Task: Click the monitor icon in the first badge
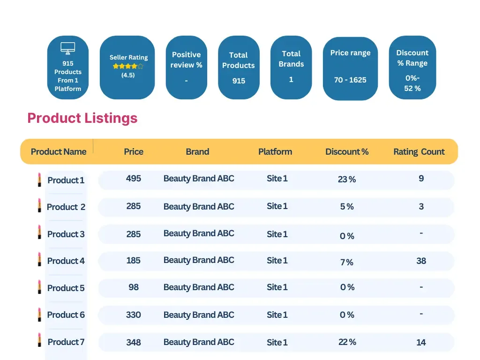point(68,48)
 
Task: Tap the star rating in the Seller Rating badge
point(128,67)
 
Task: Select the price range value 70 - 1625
point(350,80)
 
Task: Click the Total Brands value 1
point(291,80)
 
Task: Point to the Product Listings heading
point(82,118)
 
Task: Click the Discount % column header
point(347,152)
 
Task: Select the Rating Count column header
point(419,152)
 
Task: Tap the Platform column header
point(275,152)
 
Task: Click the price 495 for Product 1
point(134,179)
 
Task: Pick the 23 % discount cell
point(347,180)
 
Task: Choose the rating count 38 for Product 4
point(421,261)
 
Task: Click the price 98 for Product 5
point(134,287)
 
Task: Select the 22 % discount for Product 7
point(347,342)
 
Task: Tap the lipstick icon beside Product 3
point(39,232)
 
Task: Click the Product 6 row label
point(66,315)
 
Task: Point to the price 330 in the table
point(134,315)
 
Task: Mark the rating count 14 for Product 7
point(421,343)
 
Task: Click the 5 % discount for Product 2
point(347,207)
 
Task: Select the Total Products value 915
point(239,81)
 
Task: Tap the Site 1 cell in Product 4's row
point(277,261)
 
